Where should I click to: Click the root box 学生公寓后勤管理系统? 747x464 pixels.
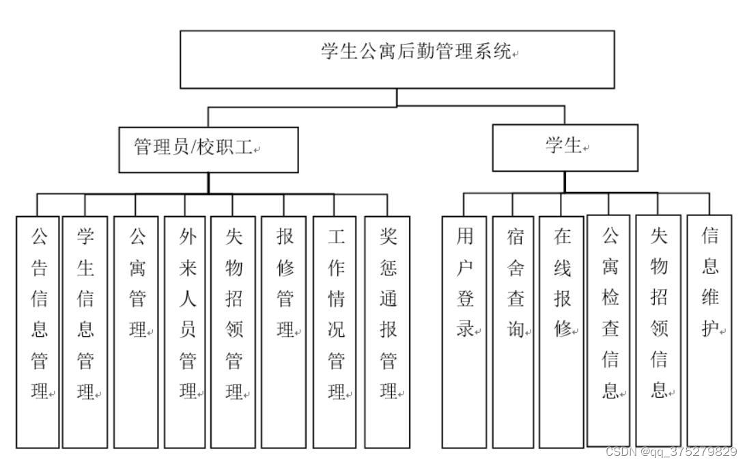tap(397, 59)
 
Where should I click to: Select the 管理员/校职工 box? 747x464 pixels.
tap(208, 148)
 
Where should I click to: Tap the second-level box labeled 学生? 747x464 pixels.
tap(565, 147)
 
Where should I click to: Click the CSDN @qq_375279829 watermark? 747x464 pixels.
tap(671, 452)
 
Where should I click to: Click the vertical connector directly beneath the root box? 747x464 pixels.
tap(397, 97)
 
